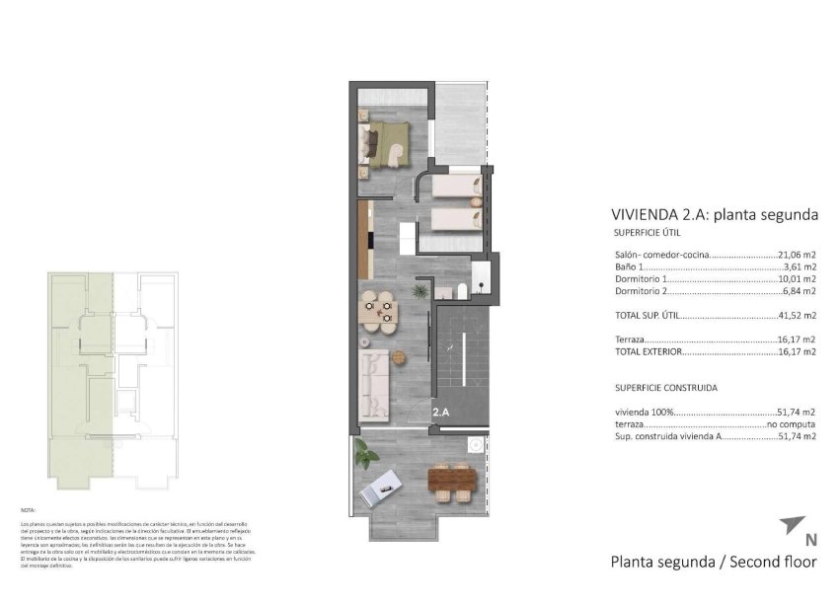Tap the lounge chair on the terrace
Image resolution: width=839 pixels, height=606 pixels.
point(381,489)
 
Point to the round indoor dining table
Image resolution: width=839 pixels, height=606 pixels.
point(379,311)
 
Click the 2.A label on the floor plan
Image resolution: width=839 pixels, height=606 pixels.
point(441,414)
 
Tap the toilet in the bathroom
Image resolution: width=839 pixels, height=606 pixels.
point(461,290)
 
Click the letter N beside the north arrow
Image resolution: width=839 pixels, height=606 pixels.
point(810,540)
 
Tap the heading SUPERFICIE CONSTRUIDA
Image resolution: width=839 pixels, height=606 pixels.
point(666,388)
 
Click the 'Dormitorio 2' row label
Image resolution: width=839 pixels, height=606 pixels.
point(642,291)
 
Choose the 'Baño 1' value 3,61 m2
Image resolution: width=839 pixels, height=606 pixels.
point(800,266)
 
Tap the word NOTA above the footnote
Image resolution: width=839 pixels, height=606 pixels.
point(28,509)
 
